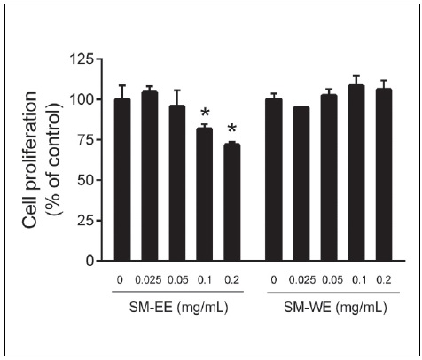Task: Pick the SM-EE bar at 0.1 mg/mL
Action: [x=205, y=194]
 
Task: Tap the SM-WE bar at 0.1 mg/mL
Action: [x=358, y=173]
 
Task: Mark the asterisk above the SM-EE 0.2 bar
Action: [x=232, y=129]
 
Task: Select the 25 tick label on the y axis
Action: [x=87, y=221]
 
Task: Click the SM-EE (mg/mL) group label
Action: [x=176, y=309]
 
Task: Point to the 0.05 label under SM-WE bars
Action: [x=330, y=279]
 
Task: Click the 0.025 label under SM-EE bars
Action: [x=148, y=279]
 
